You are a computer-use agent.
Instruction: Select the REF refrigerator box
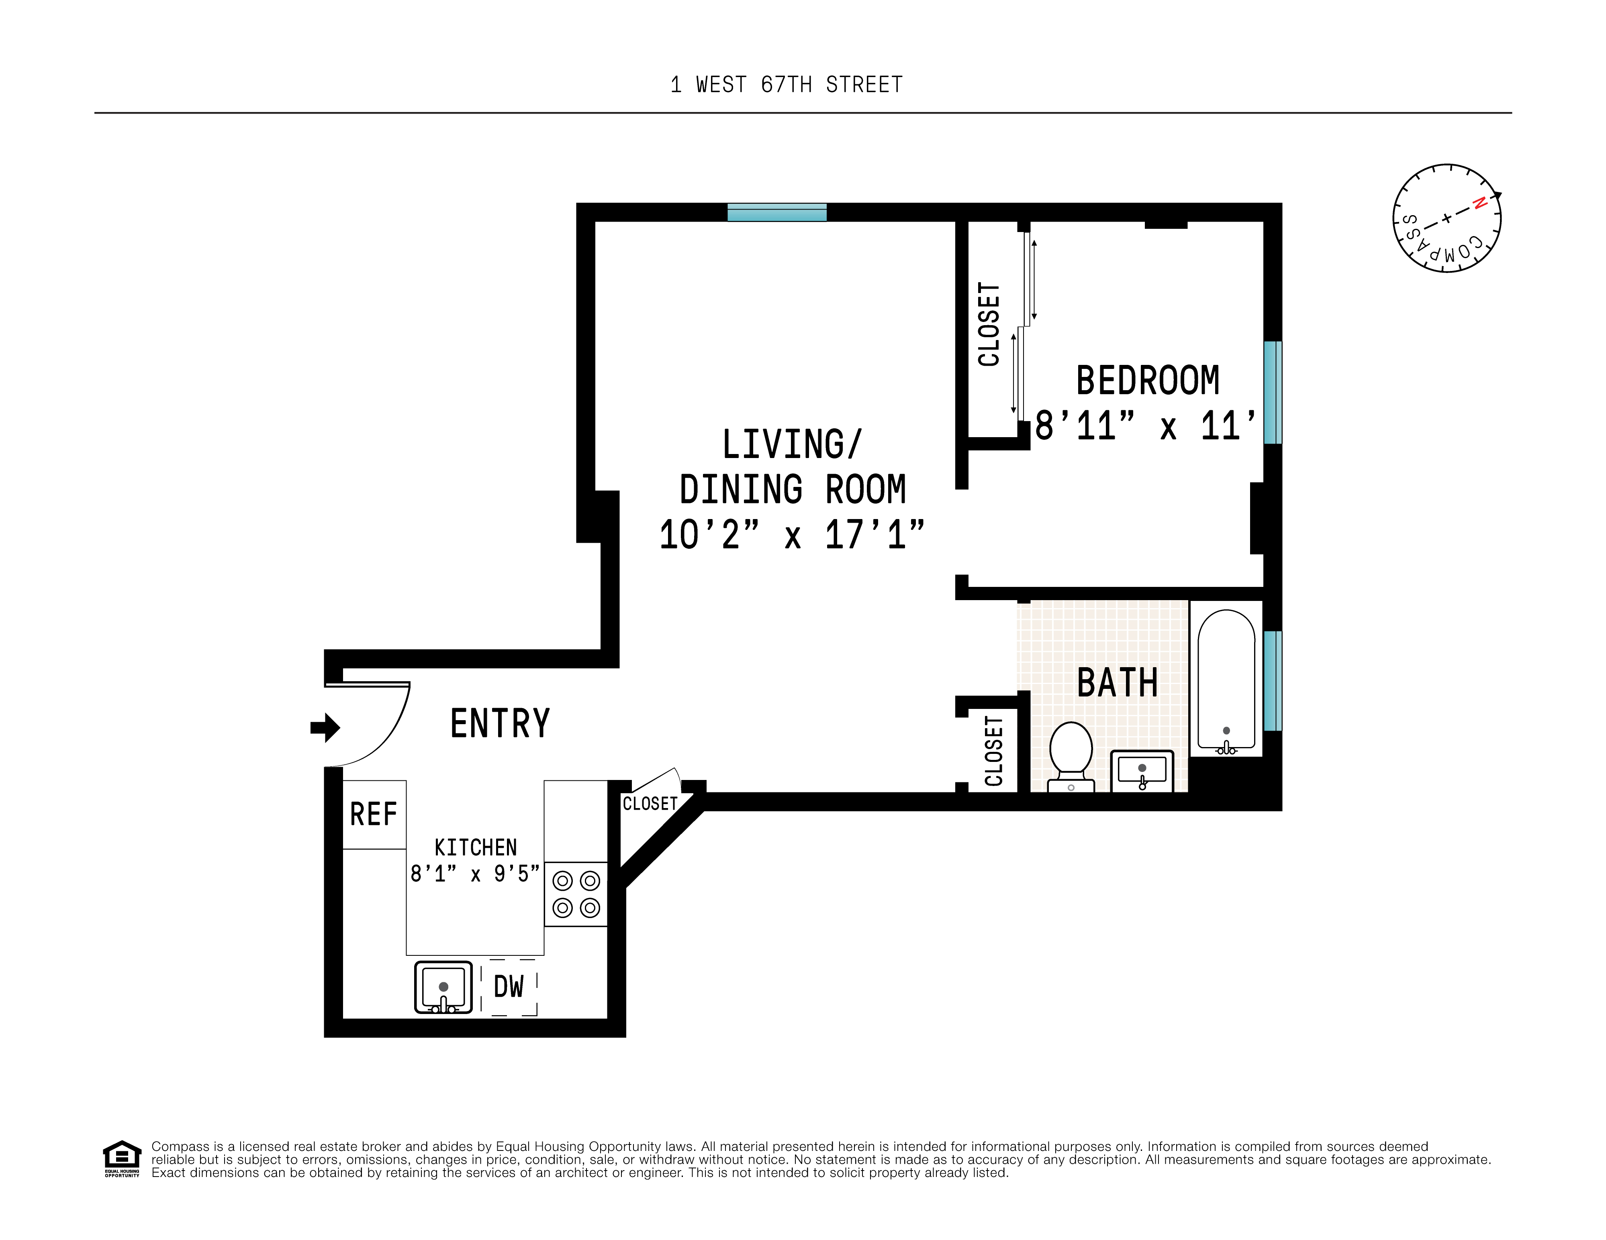pos(374,814)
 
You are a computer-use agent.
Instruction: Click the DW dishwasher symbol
pos(509,987)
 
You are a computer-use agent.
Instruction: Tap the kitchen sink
pos(443,987)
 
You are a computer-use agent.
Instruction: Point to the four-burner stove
pos(576,894)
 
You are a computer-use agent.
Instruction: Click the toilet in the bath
pos(1071,753)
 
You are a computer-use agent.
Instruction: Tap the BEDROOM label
pos(1147,381)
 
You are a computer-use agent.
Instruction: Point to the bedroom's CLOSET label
pos(989,324)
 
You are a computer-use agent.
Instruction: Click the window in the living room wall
pos(776,212)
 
